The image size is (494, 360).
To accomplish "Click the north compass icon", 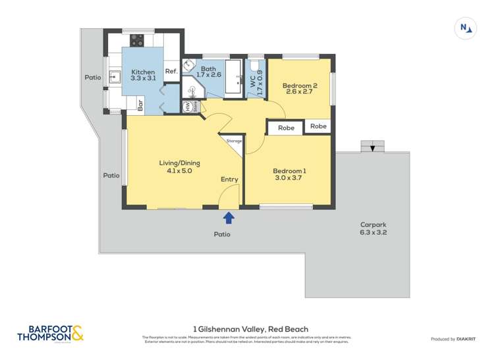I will tap(466, 28).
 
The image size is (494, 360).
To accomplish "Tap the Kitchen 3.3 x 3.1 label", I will tap(143, 75).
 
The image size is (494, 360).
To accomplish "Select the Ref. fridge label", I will tap(171, 71).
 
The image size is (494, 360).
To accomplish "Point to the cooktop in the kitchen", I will tap(137, 39).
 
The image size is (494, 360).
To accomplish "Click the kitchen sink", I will tap(113, 77).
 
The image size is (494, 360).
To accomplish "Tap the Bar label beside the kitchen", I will tap(140, 104).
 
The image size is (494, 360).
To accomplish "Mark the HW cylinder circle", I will tap(188, 106).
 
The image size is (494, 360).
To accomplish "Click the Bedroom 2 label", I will tap(300, 88).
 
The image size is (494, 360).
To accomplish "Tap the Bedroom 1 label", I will tap(289, 174).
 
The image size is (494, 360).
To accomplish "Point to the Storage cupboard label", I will tap(234, 141).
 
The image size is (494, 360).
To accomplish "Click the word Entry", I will tap(229, 179).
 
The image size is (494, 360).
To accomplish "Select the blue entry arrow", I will tap(229, 218).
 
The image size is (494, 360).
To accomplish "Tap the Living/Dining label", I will tap(179, 167).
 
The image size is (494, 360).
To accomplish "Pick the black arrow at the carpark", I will tap(373, 149).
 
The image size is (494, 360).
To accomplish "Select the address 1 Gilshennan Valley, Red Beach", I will tap(250, 328).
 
